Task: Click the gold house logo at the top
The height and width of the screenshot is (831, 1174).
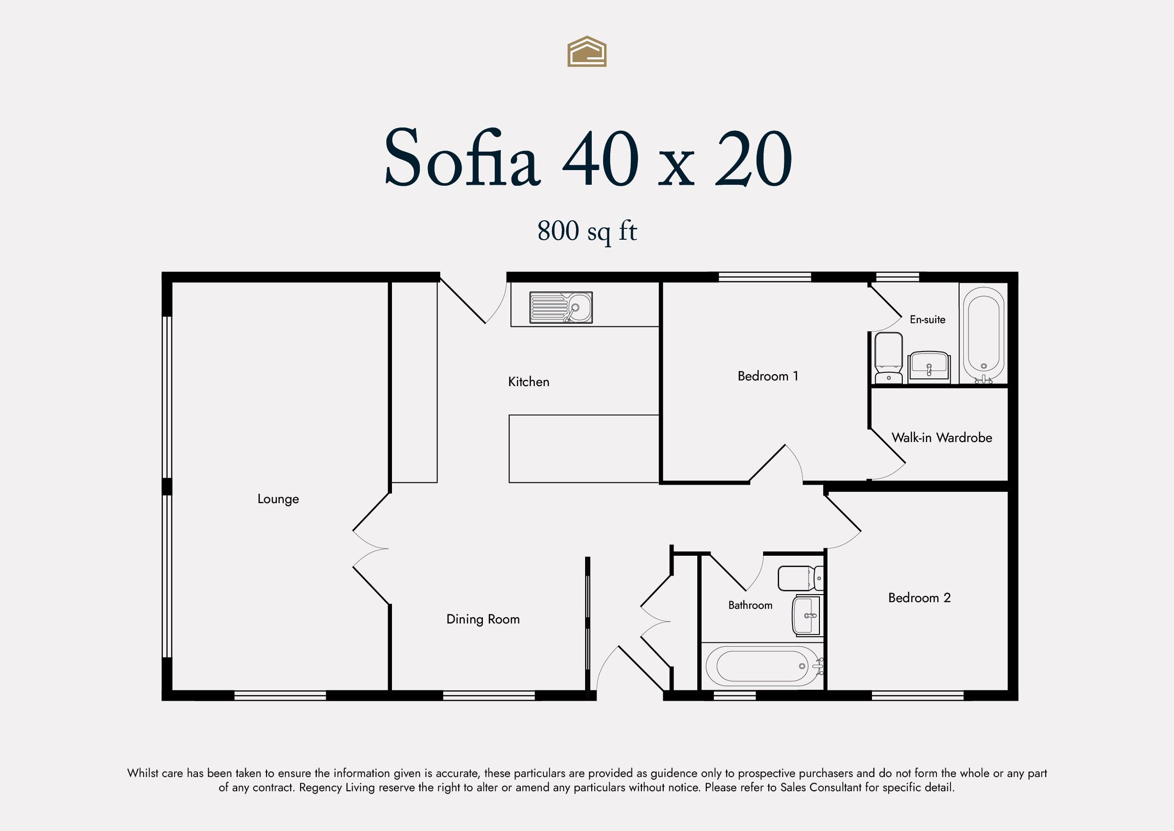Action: [x=587, y=51]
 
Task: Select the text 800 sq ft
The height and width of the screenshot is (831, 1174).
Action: [x=587, y=231]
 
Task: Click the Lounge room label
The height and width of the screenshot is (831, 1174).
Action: [x=278, y=499]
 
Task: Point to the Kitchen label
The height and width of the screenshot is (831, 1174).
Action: [x=529, y=382]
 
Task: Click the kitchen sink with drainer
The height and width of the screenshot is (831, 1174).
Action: [x=561, y=307]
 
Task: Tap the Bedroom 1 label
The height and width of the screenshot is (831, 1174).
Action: [x=767, y=376]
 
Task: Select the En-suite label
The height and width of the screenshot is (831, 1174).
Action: [x=927, y=319]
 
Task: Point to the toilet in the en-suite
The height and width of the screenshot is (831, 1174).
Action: [x=889, y=358]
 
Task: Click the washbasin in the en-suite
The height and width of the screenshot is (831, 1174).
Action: [x=929, y=366]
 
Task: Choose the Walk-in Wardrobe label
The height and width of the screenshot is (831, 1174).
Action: [x=942, y=437]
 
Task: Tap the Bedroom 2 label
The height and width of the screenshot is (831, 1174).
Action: [x=919, y=597]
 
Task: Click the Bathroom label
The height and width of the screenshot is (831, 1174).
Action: [x=750, y=605]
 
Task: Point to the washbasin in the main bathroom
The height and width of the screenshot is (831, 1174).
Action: [x=806, y=615]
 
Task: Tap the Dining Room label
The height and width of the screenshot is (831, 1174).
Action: [x=483, y=619]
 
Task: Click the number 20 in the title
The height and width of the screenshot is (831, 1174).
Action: [x=753, y=158]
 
